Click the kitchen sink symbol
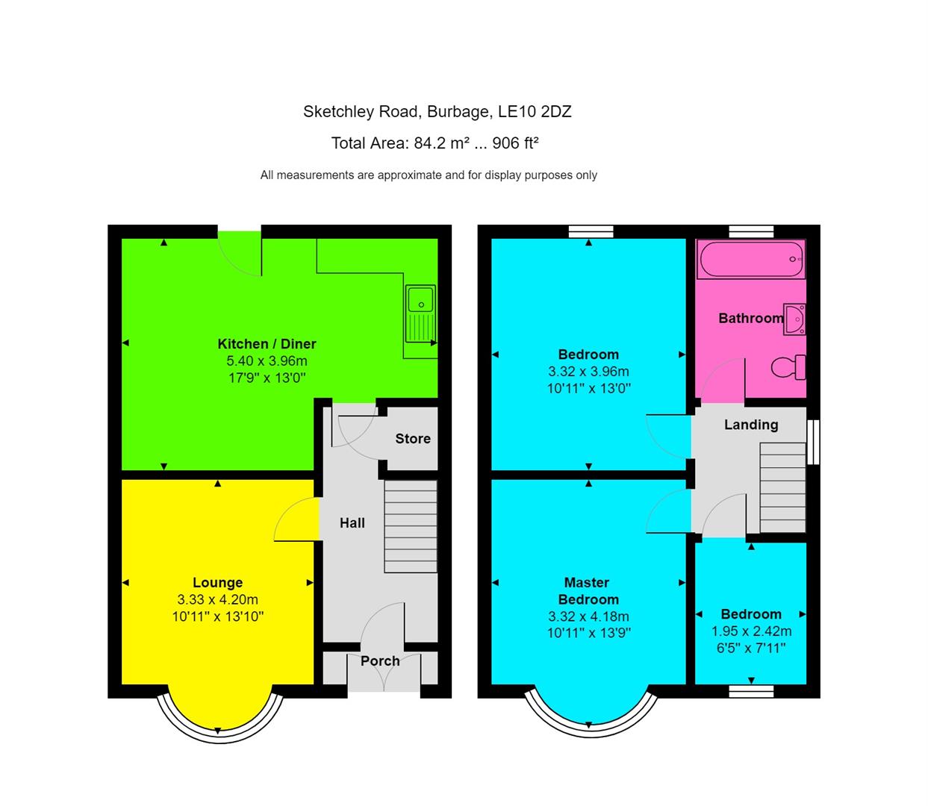pos(421,313)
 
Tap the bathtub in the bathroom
pos(751,260)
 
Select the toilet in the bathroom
pos(788,366)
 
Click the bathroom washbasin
pos(794,318)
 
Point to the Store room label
pos(413,439)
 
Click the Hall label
pos(352,523)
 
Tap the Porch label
pos(380,660)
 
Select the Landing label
pos(751,425)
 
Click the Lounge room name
pos(217,583)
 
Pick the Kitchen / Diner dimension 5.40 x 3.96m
pos(267,361)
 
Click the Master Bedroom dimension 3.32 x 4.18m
pos(588,616)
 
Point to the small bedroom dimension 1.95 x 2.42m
pos(751,631)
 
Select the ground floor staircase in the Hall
pos(410,526)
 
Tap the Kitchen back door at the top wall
pos(240,254)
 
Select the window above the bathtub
pos(751,231)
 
